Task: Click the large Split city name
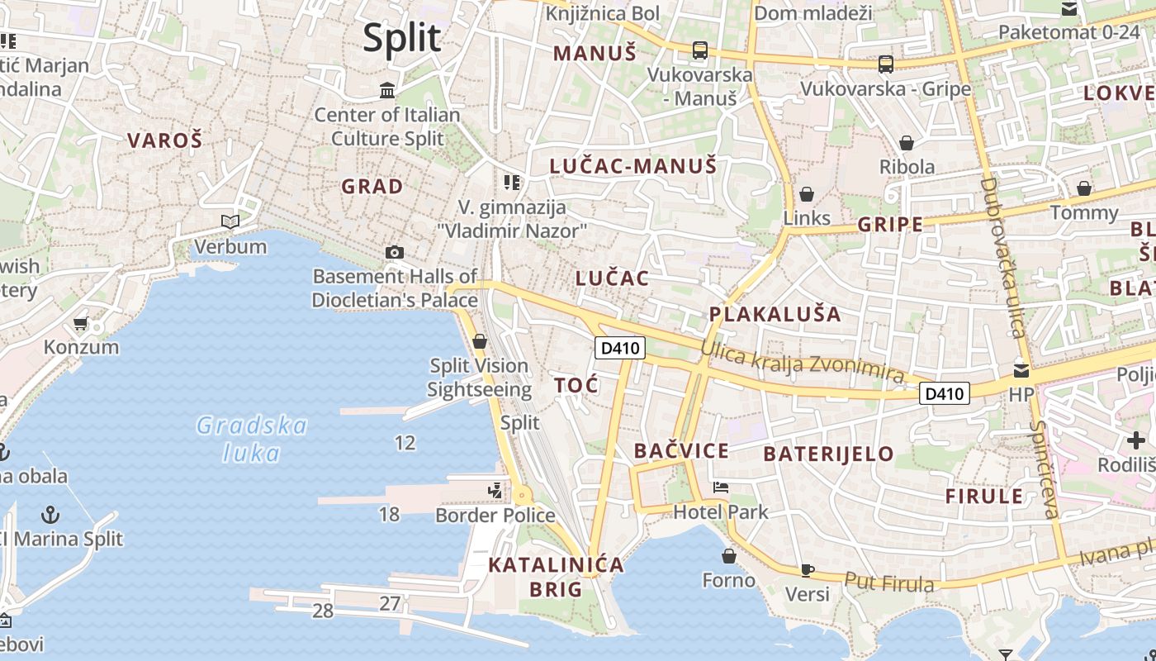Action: coord(402,38)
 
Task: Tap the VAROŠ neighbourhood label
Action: coord(164,140)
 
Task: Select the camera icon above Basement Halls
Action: coord(395,252)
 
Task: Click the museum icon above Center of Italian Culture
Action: coord(386,89)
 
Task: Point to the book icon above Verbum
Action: coord(230,221)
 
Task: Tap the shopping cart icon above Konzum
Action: coord(80,323)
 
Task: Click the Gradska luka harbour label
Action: coord(252,439)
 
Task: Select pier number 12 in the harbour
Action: coord(405,443)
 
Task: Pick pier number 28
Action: coord(323,611)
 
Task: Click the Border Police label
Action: coord(495,516)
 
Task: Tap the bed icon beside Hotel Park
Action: coord(721,487)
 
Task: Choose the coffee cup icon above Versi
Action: coord(807,570)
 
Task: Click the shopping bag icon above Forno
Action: coord(728,555)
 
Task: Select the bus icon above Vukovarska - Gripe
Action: coord(885,64)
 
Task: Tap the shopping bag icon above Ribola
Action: coord(906,143)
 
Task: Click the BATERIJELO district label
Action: coord(828,454)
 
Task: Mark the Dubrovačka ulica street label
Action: coord(1002,258)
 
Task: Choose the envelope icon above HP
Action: coord(1021,371)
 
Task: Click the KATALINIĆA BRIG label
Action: coord(555,577)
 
